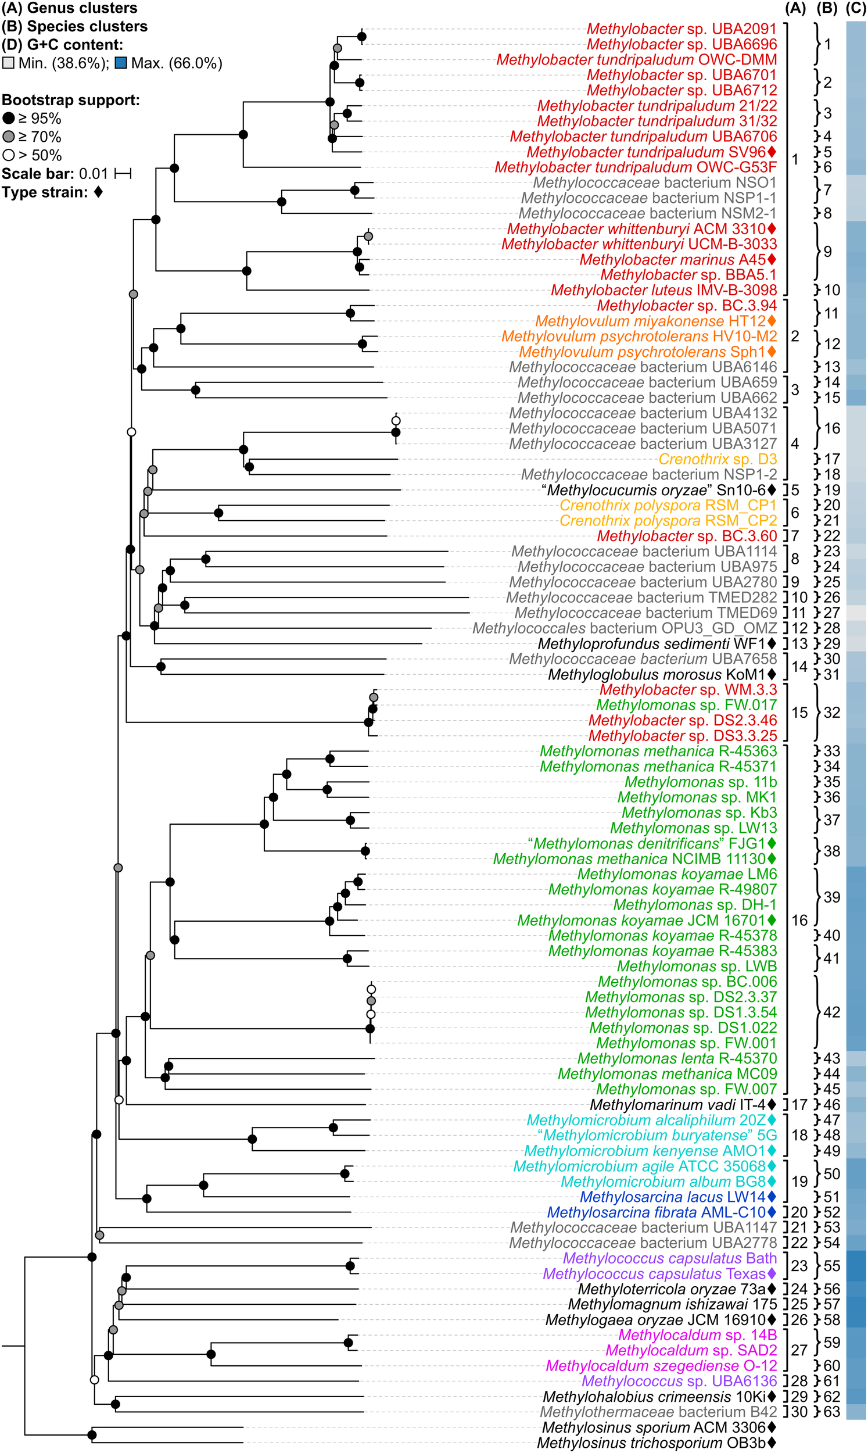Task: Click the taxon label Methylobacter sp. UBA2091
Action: [682, 28]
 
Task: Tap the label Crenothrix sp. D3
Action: [718, 459]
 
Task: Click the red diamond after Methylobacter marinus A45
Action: [772, 259]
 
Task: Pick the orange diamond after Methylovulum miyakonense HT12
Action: [772, 321]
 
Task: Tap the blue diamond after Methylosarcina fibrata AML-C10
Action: [772, 1212]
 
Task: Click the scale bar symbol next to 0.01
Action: [123, 174]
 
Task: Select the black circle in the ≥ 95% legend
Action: [8, 119]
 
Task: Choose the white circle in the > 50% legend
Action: [8, 156]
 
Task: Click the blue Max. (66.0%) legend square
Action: [121, 63]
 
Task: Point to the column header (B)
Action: [827, 8]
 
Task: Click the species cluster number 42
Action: [832, 1012]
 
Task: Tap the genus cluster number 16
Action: [799, 920]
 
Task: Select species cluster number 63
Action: [832, 1412]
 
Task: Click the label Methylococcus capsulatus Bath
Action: [670, 1258]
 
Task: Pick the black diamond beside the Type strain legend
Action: [98, 192]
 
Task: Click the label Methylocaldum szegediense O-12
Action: [662, 1366]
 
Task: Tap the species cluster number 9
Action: [828, 252]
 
